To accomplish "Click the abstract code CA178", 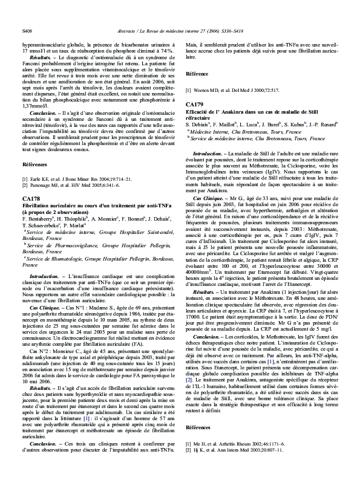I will pos(31,198).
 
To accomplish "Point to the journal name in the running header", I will pos(180,28).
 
